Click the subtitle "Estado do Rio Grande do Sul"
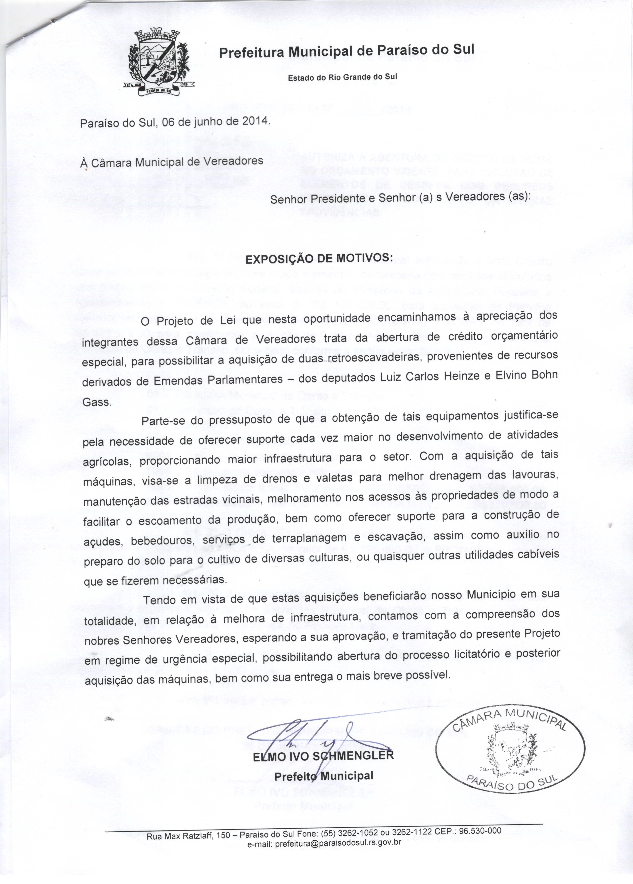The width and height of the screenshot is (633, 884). click(x=342, y=77)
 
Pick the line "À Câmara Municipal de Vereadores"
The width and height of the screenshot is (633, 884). click(x=171, y=161)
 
